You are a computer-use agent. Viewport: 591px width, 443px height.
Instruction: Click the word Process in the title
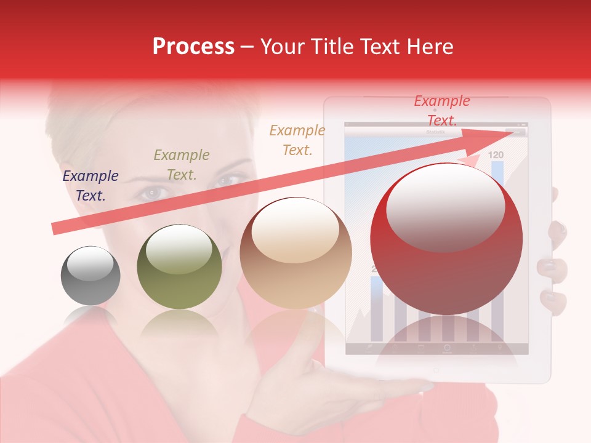193,46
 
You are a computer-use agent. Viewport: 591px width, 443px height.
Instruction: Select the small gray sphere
90,276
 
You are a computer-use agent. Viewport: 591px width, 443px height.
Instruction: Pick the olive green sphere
179,266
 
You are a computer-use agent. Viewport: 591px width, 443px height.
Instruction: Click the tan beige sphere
295,252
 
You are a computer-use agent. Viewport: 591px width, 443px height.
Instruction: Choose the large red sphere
446,240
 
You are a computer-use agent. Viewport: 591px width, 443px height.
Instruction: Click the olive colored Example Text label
181,165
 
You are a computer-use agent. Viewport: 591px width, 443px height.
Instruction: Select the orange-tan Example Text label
297,140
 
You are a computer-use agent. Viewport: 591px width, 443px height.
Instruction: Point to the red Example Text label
441,110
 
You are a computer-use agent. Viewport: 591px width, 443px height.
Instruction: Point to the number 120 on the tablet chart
496,155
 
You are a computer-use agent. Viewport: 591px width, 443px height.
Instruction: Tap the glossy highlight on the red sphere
445,206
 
